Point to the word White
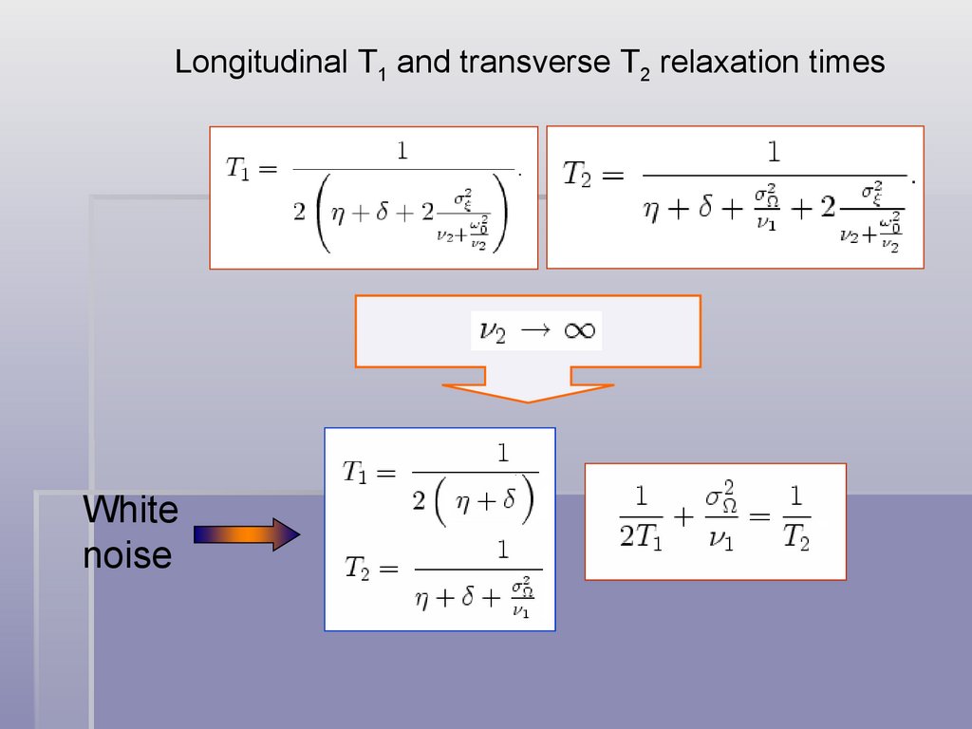[130, 511]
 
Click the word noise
[127, 555]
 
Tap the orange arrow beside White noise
[247, 534]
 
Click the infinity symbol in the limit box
[578, 330]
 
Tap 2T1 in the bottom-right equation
[641, 537]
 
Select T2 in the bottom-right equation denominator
[796, 538]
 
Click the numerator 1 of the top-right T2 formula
[774, 153]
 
